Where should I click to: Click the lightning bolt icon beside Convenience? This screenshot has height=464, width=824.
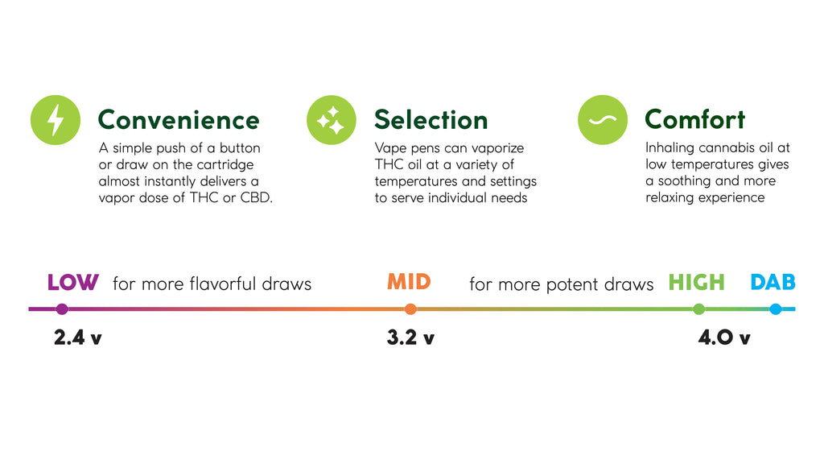[x=56, y=120]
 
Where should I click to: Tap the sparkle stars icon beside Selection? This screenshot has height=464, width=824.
[x=331, y=120]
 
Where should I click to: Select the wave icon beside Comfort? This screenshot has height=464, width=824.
[x=602, y=120]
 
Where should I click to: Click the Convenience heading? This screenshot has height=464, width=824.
[x=179, y=120]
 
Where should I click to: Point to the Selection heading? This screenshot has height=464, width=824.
[x=431, y=120]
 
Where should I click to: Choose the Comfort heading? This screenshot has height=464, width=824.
[x=694, y=119]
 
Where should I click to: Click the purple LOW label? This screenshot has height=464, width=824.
[x=72, y=283]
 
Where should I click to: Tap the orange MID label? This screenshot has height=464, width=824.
[x=409, y=282]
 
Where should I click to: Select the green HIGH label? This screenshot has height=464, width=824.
[x=696, y=283]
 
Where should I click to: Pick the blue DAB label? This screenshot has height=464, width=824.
[x=773, y=283]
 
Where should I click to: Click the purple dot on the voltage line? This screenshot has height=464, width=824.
[x=62, y=309]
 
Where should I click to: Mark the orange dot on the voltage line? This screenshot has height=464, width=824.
[x=410, y=309]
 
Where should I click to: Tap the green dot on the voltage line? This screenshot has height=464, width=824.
[x=699, y=309]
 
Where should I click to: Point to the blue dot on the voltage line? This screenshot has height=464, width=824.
[x=776, y=309]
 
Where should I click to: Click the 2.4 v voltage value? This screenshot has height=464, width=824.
[x=78, y=338]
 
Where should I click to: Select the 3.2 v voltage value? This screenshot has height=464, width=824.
[x=410, y=338]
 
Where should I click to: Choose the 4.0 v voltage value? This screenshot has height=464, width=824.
[x=724, y=338]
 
